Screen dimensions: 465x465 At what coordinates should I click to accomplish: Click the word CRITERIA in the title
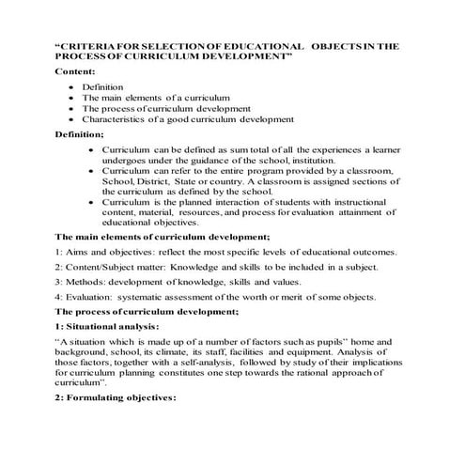click(x=89, y=46)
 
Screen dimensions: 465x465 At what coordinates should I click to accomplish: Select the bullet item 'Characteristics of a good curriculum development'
click(x=187, y=120)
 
